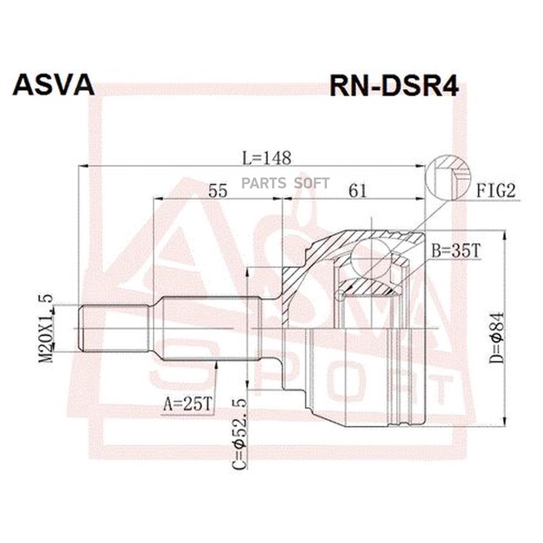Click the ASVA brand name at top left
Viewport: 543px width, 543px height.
tap(54, 85)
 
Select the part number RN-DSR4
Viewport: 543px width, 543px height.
tap(393, 86)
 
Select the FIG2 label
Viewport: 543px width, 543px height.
tap(497, 191)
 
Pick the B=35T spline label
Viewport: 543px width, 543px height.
tap(455, 252)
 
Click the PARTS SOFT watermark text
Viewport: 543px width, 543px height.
tap(286, 183)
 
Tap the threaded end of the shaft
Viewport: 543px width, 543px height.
tap(115, 328)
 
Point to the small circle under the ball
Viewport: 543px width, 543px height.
tap(341, 294)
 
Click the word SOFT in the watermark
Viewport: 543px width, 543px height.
tap(311, 183)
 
